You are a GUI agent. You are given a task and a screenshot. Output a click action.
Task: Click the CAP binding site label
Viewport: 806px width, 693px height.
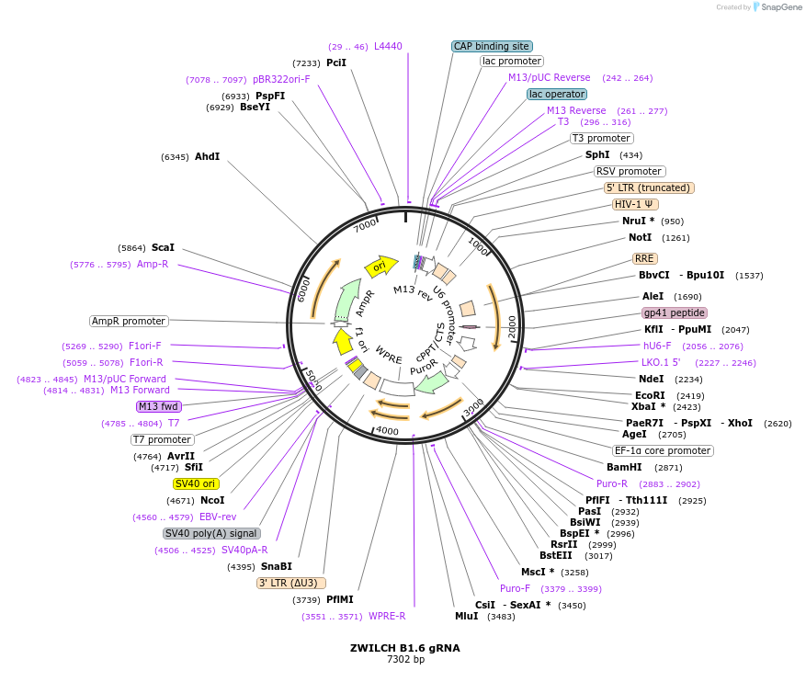coord(492,46)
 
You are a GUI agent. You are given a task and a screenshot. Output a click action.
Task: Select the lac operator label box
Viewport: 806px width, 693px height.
coord(557,94)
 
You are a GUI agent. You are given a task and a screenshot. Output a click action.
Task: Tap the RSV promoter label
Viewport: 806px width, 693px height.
coord(629,171)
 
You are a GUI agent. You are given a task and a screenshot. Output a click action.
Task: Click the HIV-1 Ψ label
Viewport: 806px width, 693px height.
coord(635,204)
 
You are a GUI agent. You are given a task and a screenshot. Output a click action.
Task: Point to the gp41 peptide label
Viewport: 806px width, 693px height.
coord(675,312)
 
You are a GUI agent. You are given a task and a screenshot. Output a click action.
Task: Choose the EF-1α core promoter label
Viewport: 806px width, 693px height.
coord(663,450)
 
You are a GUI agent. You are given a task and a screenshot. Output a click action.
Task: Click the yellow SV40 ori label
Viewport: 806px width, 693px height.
coord(196,483)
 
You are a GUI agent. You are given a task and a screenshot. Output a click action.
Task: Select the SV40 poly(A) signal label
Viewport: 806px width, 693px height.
coord(211,533)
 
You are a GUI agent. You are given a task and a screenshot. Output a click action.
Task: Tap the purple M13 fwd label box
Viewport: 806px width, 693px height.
coord(159,406)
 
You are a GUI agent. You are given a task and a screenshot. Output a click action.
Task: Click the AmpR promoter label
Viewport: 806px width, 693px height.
coord(129,321)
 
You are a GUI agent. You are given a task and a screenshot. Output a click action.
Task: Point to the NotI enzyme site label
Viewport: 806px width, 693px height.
coord(640,237)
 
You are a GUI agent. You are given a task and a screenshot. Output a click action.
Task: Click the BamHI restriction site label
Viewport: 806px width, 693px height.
coord(625,467)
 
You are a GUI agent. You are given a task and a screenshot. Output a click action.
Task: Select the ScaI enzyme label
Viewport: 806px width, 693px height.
coord(163,247)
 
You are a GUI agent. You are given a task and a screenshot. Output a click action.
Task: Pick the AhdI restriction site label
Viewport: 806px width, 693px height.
coord(207,156)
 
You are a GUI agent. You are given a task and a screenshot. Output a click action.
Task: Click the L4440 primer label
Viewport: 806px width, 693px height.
coord(387,46)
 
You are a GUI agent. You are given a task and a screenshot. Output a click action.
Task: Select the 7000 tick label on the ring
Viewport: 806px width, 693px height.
coord(365,224)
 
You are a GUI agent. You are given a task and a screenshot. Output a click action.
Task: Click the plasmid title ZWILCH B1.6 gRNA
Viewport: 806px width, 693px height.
coord(404,647)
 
